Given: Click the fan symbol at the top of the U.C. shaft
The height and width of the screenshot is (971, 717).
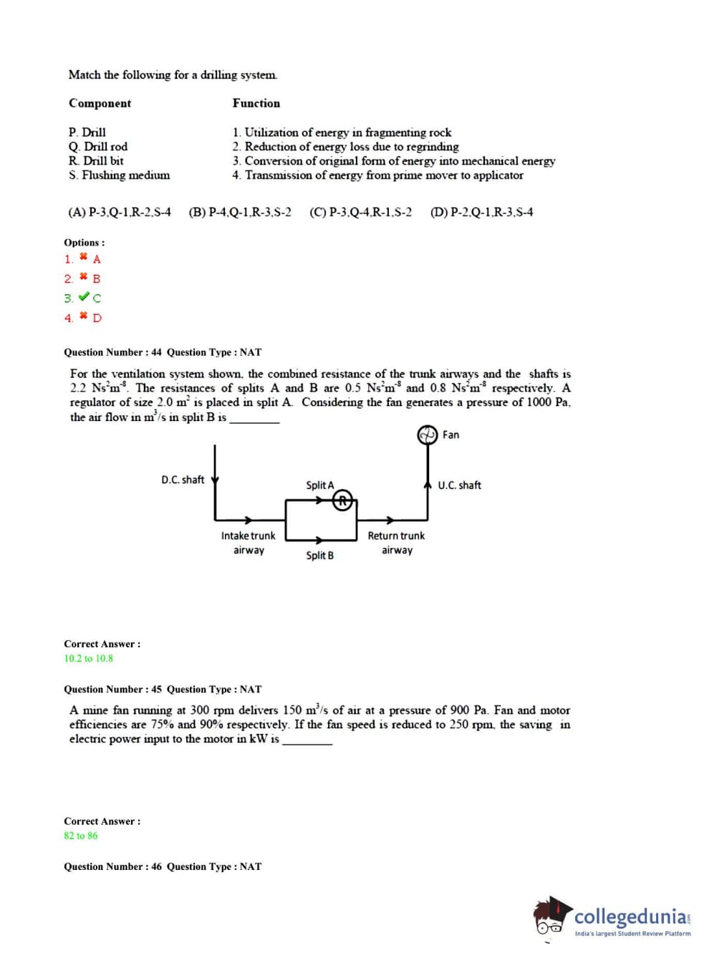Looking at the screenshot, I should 428,435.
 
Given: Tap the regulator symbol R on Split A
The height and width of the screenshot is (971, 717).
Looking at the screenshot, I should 343,501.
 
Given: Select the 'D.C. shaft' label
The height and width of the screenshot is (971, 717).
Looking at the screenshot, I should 183,480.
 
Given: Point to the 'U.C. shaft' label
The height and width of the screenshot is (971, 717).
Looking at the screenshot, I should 459,485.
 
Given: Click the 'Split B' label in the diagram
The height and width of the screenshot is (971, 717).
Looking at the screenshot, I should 319,556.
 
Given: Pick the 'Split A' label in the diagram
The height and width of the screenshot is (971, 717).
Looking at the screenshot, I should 319,485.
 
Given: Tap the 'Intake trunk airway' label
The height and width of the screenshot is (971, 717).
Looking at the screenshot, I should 248,543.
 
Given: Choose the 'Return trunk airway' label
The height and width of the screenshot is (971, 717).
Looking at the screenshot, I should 396,543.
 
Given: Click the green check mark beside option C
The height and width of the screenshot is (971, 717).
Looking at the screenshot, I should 84,297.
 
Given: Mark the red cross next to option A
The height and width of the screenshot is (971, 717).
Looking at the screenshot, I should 84,257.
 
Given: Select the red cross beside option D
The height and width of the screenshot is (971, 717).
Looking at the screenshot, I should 84,316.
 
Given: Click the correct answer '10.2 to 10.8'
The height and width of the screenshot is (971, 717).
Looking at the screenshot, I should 89,659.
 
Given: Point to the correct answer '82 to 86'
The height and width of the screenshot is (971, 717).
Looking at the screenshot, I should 81,836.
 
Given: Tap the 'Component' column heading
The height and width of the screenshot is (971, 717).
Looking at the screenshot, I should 100,104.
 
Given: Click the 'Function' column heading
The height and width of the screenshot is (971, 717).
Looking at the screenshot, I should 256,104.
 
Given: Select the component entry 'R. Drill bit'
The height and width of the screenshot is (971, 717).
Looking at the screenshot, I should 96,161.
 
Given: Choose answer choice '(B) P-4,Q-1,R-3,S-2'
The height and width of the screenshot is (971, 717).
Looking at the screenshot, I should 240,213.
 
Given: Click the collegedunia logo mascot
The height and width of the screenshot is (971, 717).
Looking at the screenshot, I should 551,916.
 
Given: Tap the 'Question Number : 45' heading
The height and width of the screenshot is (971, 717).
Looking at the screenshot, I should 112,690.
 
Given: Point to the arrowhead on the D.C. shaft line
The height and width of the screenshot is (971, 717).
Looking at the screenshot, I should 215,480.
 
